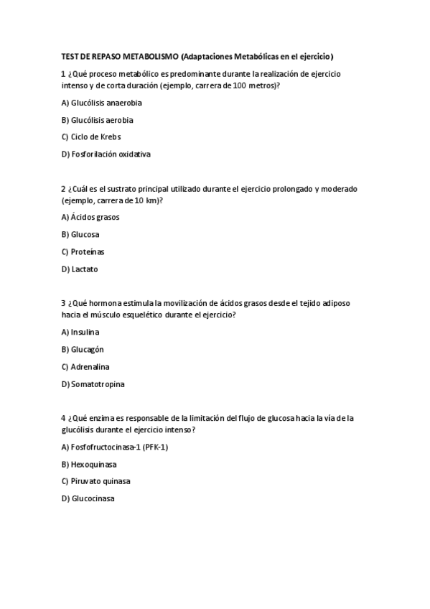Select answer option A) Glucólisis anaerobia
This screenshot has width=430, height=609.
click(x=96, y=103)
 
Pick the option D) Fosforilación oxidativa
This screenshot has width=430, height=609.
click(x=106, y=154)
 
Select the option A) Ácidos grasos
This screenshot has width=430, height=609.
click(x=90, y=217)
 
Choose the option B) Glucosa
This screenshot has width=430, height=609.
click(x=80, y=234)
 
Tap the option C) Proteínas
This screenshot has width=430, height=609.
click(x=83, y=251)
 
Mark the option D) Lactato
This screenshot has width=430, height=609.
click(x=80, y=269)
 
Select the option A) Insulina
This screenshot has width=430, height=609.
click(x=80, y=332)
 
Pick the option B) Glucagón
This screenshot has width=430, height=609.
click(x=83, y=349)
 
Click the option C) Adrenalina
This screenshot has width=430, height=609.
click(x=85, y=366)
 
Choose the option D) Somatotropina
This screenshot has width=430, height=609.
click(x=93, y=384)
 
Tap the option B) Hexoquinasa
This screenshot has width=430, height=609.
click(x=90, y=464)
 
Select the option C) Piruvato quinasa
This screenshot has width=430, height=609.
click(x=95, y=481)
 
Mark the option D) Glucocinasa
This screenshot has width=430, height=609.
click(x=88, y=498)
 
